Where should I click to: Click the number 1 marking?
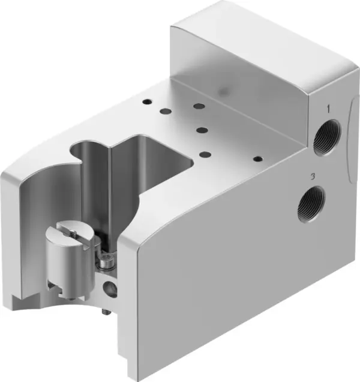tap(328, 109)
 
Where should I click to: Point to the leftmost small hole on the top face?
tap(146, 101)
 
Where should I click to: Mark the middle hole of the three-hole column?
tap(202, 130)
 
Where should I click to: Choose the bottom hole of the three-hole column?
tap(205, 154)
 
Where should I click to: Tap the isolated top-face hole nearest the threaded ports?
tap(258, 160)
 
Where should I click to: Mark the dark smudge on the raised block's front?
tap(226, 90)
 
